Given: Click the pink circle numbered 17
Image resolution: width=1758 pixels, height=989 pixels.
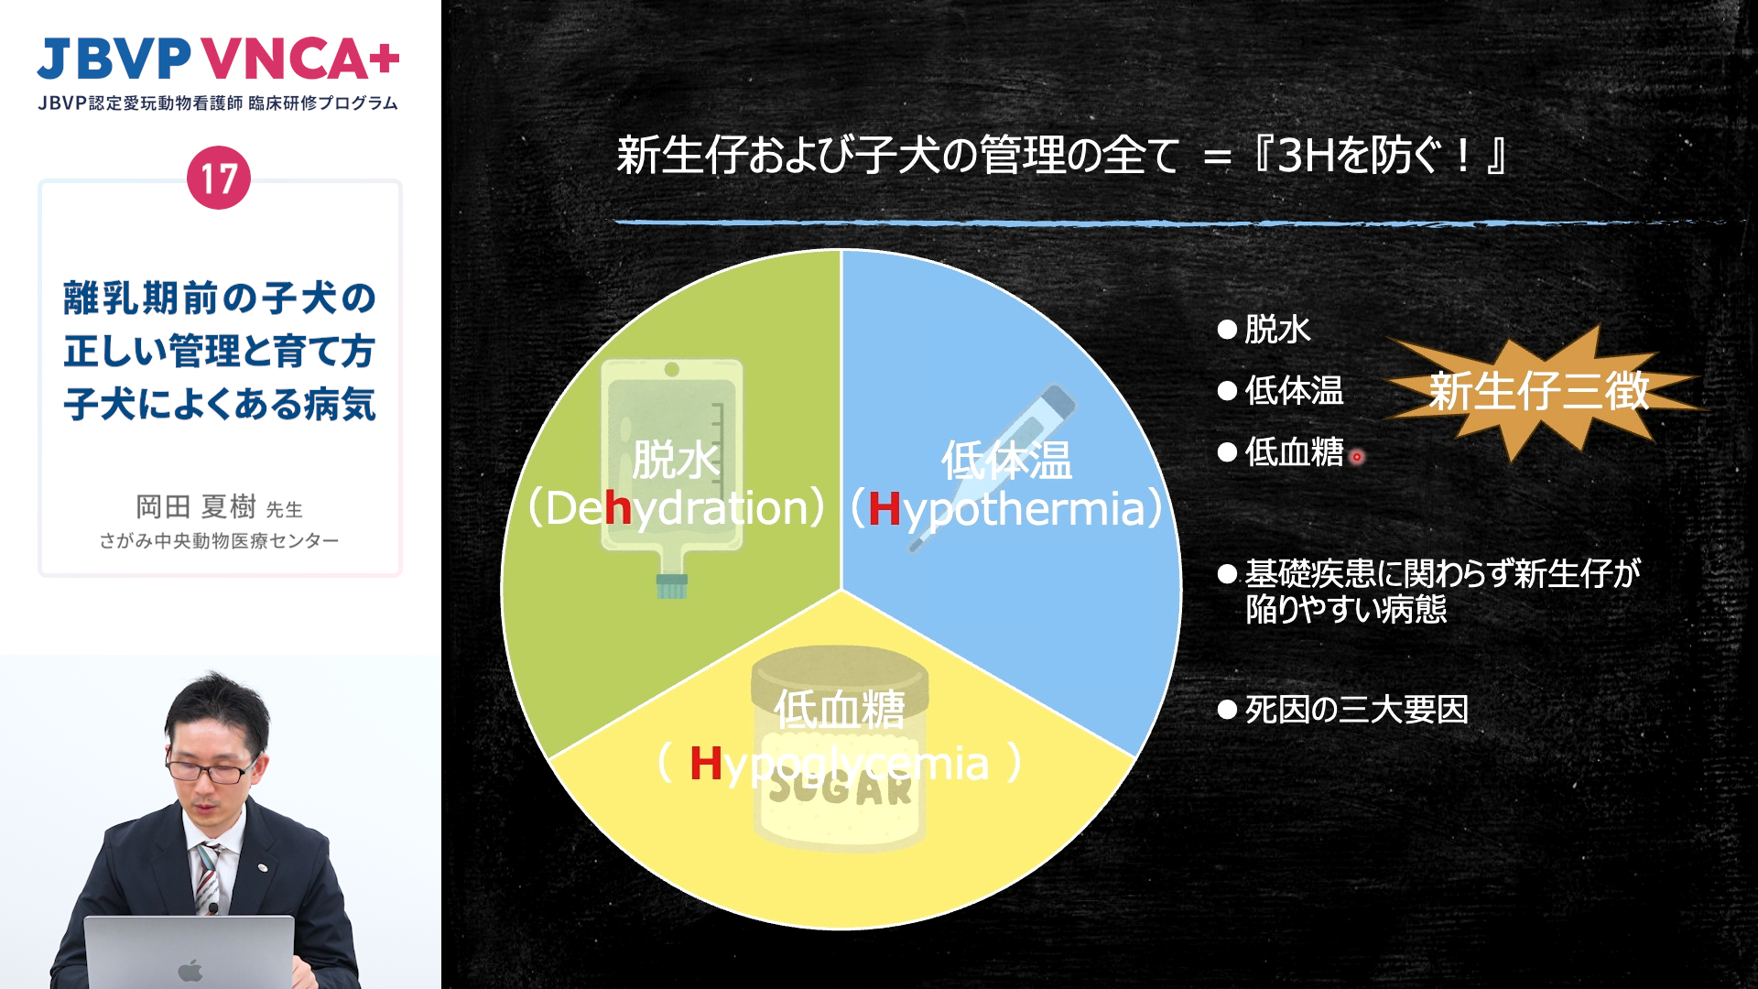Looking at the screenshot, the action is coord(219,178).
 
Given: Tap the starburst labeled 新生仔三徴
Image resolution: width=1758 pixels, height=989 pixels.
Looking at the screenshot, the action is coord(1540,392).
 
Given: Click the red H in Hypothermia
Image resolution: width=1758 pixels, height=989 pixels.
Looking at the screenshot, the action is coord(884,508).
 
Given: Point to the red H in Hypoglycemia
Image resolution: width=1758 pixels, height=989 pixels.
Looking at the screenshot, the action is coord(705,763).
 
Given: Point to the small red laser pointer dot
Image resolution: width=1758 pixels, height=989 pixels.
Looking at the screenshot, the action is coord(1357,456).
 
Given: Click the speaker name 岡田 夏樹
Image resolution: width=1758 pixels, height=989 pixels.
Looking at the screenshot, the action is coord(196,506).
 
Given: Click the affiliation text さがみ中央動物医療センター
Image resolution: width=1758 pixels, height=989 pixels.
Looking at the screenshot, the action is coord(219,540).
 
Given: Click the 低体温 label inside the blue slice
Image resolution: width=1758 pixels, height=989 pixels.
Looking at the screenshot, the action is coord(1006,460).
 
